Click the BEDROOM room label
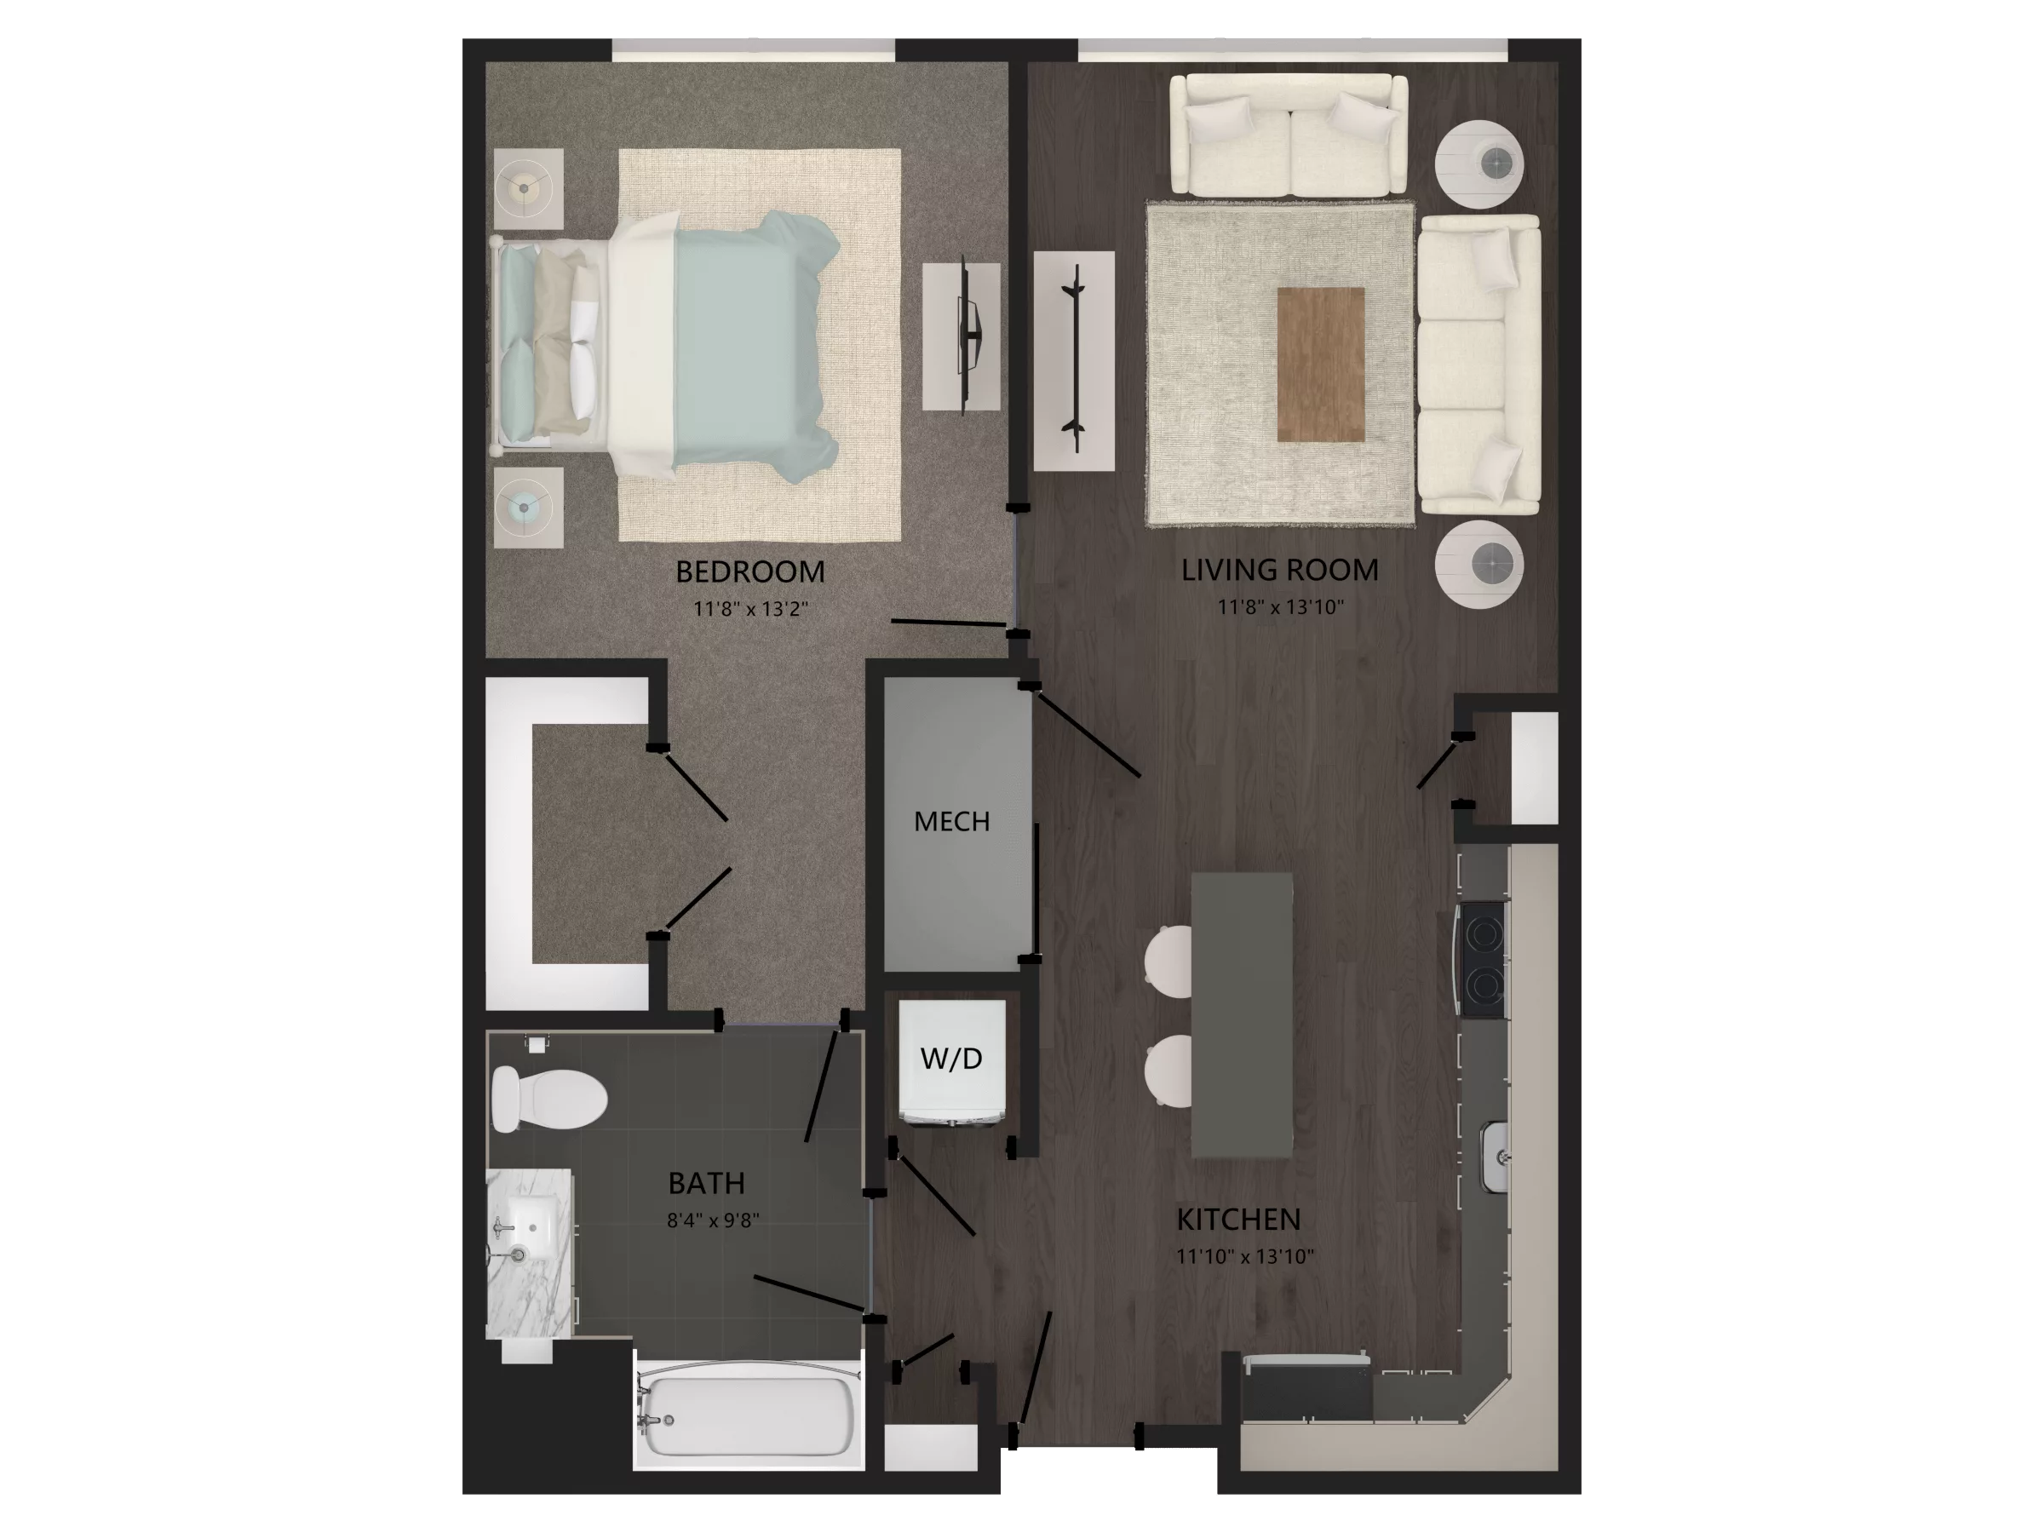point(749,572)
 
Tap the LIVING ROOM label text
point(1280,570)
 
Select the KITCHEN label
point(1238,1220)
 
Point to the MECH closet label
point(952,822)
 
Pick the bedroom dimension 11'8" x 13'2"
point(750,609)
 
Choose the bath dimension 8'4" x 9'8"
point(713,1220)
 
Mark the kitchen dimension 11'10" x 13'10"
point(1244,1257)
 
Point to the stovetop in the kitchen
point(1482,961)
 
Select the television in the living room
point(1074,359)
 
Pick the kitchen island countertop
point(1241,1014)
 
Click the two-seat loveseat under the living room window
point(1288,135)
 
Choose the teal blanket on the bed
point(753,339)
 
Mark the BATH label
point(706,1184)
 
